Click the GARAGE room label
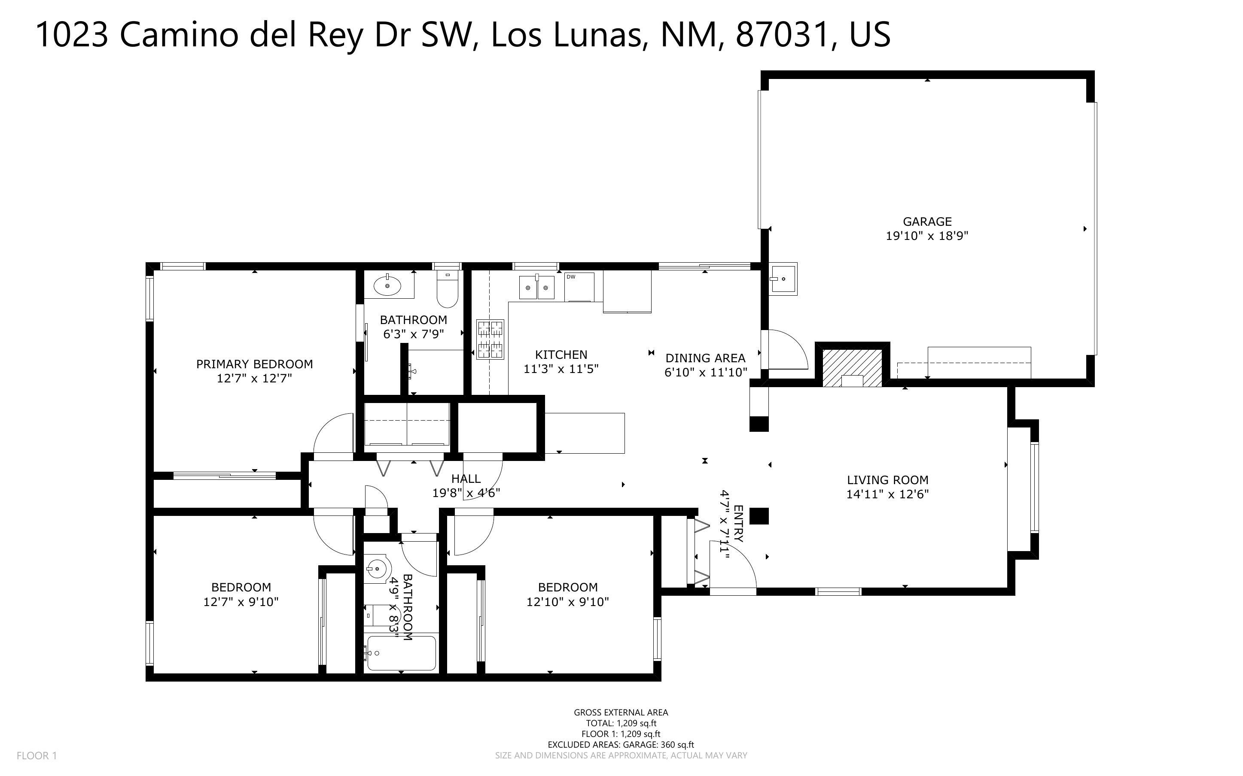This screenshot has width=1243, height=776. pyautogui.click(x=927, y=222)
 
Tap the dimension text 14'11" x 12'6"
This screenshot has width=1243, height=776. pyautogui.click(x=887, y=494)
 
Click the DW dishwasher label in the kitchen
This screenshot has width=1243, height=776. pyautogui.click(x=571, y=277)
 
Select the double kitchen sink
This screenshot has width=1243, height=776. pyautogui.click(x=536, y=287)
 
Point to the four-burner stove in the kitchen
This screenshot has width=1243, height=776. pyautogui.click(x=490, y=339)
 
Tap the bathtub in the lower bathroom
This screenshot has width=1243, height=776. pyautogui.click(x=402, y=653)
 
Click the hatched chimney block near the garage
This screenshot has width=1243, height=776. pyautogui.click(x=852, y=367)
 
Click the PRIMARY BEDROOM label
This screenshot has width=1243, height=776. pyautogui.click(x=254, y=364)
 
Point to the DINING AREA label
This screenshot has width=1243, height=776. pyautogui.click(x=705, y=358)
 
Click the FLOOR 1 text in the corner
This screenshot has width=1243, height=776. pyautogui.click(x=37, y=755)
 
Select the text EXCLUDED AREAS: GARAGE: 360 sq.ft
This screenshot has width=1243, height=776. pyautogui.click(x=620, y=745)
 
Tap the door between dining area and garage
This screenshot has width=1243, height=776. pyautogui.click(x=786, y=350)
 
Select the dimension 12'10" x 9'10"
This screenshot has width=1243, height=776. pyautogui.click(x=567, y=601)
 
